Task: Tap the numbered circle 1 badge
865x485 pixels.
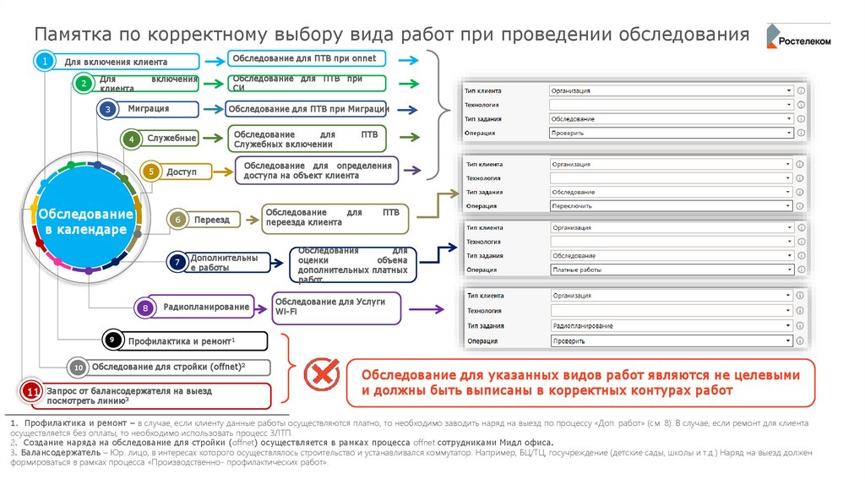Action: pyautogui.click(x=44, y=62)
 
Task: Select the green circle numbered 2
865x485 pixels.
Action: pyautogui.click(x=83, y=83)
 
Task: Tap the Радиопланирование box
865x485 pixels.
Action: pyautogui.click(x=204, y=308)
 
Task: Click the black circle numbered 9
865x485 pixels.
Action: pyautogui.click(x=112, y=340)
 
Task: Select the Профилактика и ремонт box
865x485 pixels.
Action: pyautogui.click(x=193, y=341)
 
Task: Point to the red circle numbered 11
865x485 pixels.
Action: pyautogui.click(x=31, y=393)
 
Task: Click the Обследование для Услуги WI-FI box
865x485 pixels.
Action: pyautogui.click(x=335, y=307)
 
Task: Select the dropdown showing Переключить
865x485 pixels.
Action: pyautogui.click(x=671, y=205)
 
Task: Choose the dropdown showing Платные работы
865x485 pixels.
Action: pyautogui.click(x=671, y=269)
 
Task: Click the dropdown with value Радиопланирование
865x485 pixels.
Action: pyautogui.click(x=671, y=325)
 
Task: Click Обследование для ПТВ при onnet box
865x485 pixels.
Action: pyautogui.click(x=307, y=59)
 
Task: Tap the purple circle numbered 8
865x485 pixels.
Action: pyautogui.click(x=146, y=308)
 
